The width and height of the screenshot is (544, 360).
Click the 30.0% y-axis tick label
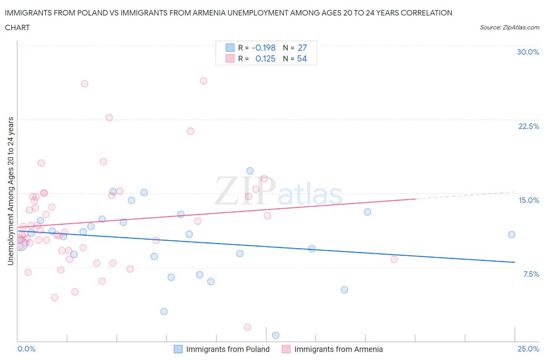pos(528,52)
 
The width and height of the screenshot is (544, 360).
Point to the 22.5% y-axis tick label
pos(529,126)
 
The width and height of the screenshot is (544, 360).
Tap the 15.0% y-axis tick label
pos(529,200)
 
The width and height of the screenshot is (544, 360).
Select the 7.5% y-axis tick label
pos(531,274)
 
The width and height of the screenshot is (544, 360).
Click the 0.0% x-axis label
pos(26,349)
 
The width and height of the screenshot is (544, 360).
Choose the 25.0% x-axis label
pos(528,349)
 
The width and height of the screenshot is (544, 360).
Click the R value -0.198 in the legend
pos(263,48)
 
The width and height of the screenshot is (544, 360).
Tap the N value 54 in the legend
pos(302,58)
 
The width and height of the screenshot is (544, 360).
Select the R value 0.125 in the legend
pos(265,58)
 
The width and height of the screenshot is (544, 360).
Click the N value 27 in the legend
pos(302,48)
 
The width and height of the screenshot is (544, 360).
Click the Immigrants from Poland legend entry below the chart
pos(228,349)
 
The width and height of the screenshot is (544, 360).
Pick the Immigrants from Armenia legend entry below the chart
pos(338,349)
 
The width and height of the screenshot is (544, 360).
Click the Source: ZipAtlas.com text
pos(509,27)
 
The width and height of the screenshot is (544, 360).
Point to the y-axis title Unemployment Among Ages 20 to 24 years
pos(10,191)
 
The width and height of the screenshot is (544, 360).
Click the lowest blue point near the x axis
pos(275,335)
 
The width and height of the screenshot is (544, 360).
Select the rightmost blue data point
pos(511,235)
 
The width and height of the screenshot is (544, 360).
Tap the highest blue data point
pos(250,171)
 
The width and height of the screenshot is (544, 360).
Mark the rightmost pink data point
pos(394,259)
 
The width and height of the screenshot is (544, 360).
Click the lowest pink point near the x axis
pos(248,327)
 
